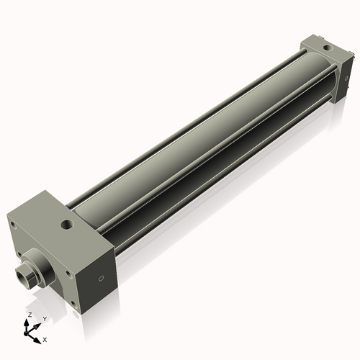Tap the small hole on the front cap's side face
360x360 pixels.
tap(102, 278)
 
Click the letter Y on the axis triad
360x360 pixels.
tap(44, 319)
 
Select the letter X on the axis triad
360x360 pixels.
tap(45, 338)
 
